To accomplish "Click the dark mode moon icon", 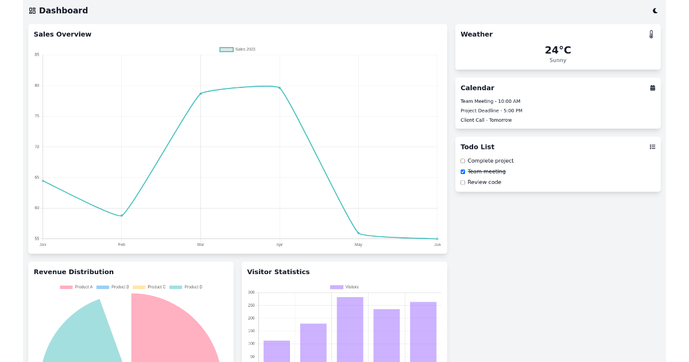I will click(x=655, y=10).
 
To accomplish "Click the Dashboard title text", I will click(x=63, y=10).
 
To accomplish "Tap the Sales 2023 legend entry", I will click(x=237, y=49).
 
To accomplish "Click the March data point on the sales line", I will click(x=200, y=93).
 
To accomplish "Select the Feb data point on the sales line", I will click(x=122, y=215).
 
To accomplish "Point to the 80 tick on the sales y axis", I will click(x=37, y=86).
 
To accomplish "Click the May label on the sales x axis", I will click(x=358, y=245).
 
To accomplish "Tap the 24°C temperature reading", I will click(x=558, y=50).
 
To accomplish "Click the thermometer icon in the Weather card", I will click(x=651, y=34).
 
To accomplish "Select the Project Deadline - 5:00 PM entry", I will click(x=491, y=111).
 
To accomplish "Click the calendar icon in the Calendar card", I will click(x=652, y=88).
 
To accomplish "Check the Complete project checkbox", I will click(x=463, y=161).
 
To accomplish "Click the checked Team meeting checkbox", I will click(x=463, y=172).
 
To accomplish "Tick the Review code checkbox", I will click(x=463, y=182).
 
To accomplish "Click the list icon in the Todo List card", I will click(x=652, y=147).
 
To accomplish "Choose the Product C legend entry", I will click(x=149, y=287).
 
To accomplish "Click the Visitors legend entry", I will click(x=344, y=287).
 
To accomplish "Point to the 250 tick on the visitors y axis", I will click(x=251, y=305).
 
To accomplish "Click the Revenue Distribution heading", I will click(x=73, y=272).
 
